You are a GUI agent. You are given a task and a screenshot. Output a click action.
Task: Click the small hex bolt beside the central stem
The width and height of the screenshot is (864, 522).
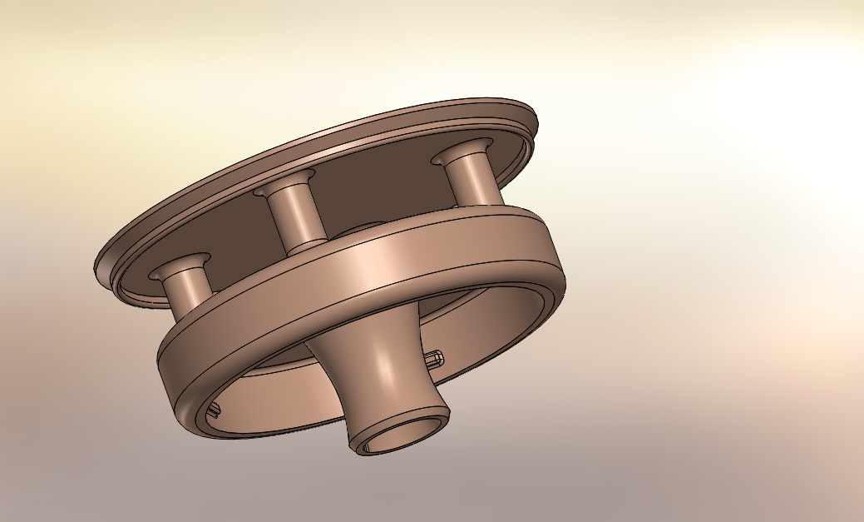pos(435,360)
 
